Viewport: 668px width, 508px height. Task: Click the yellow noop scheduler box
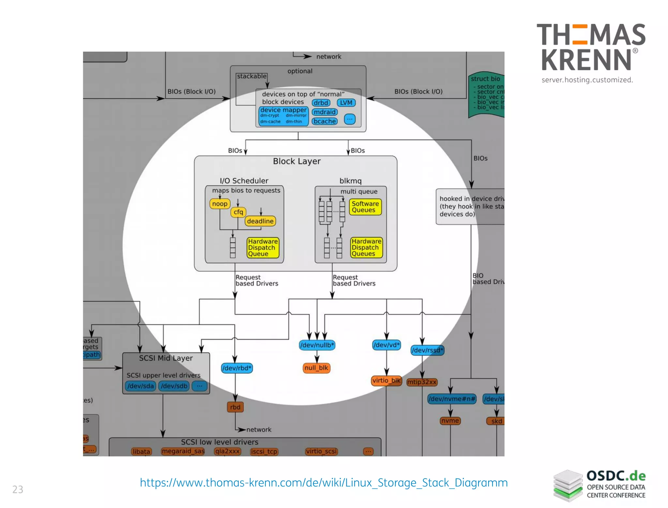click(x=220, y=204)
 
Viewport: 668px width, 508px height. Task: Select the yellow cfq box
click(x=238, y=212)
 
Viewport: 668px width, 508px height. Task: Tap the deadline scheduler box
click(x=260, y=221)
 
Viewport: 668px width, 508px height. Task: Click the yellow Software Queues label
click(x=365, y=207)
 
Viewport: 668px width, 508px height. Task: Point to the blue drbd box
click(x=321, y=103)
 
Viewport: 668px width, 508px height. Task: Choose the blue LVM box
click(x=346, y=103)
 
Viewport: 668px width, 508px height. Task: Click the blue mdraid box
click(x=325, y=112)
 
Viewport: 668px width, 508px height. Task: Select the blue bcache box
click(x=325, y=121)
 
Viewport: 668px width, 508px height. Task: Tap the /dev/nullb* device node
click(x=317, y=345)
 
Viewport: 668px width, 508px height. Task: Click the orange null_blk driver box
click(x=316, y=368)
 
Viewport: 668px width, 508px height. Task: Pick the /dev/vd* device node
click(x=387, y=345)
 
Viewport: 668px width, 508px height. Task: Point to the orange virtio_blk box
click(x=387, y=381)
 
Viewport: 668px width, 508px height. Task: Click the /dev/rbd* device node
click(x=237, y=368)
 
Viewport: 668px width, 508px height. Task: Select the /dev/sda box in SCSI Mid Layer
click(x=141, y=386)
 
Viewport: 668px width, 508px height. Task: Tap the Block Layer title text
click(x=296, y=161)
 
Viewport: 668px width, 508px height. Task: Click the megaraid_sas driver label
click(x=183, y=451)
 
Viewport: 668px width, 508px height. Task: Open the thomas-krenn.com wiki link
click(x=324, y=483)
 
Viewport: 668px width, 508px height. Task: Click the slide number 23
click(x=18, y=489)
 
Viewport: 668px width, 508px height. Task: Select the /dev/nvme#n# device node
click(x=452, y=399)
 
